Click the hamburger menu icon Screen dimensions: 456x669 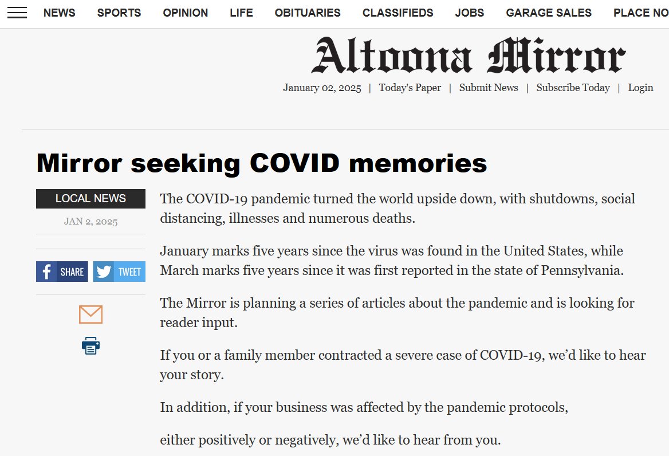pyautogui.click(x=17, y=13)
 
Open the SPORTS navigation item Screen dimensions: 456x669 pyautogui.click(x=119, y=13)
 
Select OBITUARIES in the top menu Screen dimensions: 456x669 pyautogui.click(x=308, y=13)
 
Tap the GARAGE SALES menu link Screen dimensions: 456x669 pyautogui.click(x=549, y=13)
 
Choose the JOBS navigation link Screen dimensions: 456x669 pyautogui.click(x=470, y=13)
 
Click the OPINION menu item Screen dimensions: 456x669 pyautogui.click(x=186, y=13)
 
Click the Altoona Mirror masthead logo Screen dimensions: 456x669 pyautogui.click(x=468, y=56)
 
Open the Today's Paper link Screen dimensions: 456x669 pyautogui.click(x=410, y=88)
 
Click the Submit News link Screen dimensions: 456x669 pyautogui.click(x=489, y=88)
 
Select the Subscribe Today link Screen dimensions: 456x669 pyautogui.click(x=573, y=88)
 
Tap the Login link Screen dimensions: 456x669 pyautogui.click(x=640, y=88)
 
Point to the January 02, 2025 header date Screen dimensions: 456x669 pyautogui.click(x=322, y=88)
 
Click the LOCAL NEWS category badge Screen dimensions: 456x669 pyautogui.click(x=90, y=199)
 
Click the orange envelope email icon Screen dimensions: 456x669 pyautogui.click(x=90, y=315)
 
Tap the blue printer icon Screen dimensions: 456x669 pyautogui.click(x=90, y=345)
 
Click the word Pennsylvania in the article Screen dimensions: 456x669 pyautogui.click(x=581, y=270)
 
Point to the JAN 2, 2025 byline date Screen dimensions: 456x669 pyautogui.click(x=90, y=222)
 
